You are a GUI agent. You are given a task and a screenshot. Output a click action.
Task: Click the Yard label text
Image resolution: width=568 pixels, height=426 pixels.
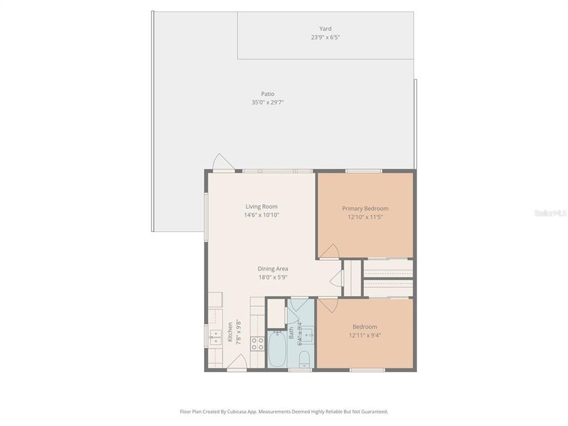click(x=325, y=28)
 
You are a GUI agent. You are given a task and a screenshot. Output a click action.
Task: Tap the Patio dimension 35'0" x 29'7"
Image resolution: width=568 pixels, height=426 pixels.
click(x=267, y=102)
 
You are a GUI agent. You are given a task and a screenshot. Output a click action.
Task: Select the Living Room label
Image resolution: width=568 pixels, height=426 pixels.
click(x=262, y=206)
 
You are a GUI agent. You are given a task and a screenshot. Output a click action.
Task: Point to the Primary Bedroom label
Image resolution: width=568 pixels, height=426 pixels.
click(x=365, y=208)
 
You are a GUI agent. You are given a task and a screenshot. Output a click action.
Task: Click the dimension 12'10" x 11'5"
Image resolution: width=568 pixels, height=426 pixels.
click(x=365, y=217)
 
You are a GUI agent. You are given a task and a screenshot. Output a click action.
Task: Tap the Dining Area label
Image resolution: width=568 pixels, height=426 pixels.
click(x=273, y=269)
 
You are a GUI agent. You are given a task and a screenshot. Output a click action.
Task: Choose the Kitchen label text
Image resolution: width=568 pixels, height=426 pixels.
click(x=230, y=332)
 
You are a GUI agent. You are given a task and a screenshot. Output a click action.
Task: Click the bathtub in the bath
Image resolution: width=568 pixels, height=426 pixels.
click(x=277, y=350)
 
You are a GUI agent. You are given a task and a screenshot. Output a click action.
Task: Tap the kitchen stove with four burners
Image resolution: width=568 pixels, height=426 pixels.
click(x=257, y=344)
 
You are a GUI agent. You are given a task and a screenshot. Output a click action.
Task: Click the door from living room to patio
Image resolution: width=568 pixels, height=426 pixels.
click(x=223, y=162)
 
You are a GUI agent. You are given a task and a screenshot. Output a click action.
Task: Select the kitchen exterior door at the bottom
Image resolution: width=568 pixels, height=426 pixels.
click(x=236, y=363)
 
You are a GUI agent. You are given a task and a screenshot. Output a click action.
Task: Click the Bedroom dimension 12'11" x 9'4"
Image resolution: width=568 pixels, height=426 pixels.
click(x=365, y=335)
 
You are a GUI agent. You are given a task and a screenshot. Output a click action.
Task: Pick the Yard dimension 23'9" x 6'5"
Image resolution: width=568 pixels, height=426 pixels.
click(x=325, y=37)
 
